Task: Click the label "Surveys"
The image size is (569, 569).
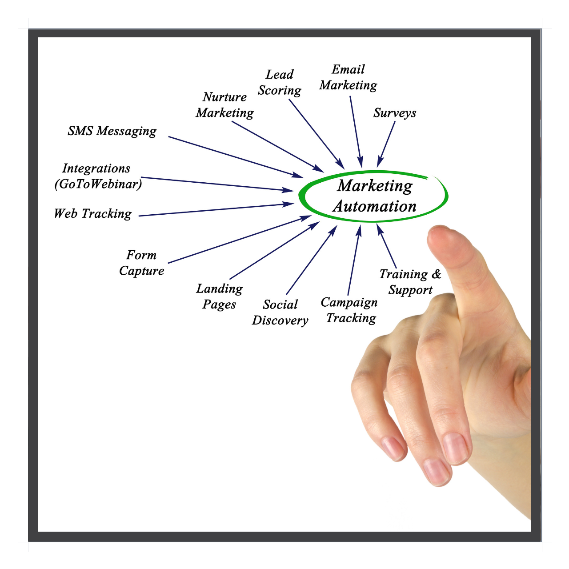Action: (395, 113)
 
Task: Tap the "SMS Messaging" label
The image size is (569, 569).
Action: (112, 131)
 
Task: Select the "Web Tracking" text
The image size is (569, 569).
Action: (93, 214)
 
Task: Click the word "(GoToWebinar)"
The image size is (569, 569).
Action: (98, 184)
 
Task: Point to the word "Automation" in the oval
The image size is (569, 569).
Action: (375, 206)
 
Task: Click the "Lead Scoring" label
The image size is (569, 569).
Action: (280, 83)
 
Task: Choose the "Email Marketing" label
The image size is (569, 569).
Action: (348, 77)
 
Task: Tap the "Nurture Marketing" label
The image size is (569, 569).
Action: (224, 105)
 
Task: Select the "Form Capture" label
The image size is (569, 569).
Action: (141, 263)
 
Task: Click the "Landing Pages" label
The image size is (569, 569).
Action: (219, 297)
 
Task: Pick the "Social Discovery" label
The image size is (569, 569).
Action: (280, 313)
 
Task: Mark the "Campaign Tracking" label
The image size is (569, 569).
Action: (349, 310)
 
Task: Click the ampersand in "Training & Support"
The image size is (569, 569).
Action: (437, 274)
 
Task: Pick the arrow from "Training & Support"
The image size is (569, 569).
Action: (387, 246)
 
